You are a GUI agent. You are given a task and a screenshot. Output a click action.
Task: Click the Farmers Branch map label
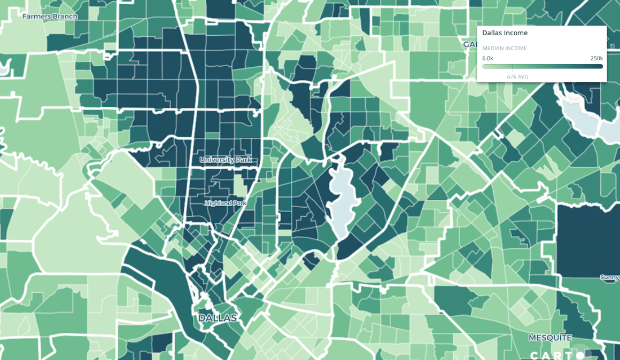pos(50,17)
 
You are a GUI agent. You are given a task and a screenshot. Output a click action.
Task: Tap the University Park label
pos(225,160)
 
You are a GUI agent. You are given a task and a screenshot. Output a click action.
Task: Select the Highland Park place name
pos(226,204)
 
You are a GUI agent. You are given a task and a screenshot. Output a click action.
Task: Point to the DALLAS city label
pos(218,318)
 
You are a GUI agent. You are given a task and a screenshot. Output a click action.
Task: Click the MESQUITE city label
pos(550,338)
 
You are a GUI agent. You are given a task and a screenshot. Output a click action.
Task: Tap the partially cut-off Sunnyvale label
pos(610,278)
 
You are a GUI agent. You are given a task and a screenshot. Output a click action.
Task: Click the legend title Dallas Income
pos(505,33)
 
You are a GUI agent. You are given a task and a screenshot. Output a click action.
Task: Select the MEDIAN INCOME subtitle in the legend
pos(505,49)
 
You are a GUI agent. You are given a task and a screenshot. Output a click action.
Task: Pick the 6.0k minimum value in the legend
pos(487,58)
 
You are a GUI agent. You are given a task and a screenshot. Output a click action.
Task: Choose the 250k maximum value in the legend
pos(596,58)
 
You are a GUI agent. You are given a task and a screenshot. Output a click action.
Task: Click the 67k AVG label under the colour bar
pos(517,77)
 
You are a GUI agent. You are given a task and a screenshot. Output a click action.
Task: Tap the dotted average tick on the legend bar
pos(513,68)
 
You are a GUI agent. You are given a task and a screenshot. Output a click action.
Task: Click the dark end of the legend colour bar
pos(600,66)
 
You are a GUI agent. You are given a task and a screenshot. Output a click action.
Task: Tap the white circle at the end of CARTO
pos(580,355)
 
